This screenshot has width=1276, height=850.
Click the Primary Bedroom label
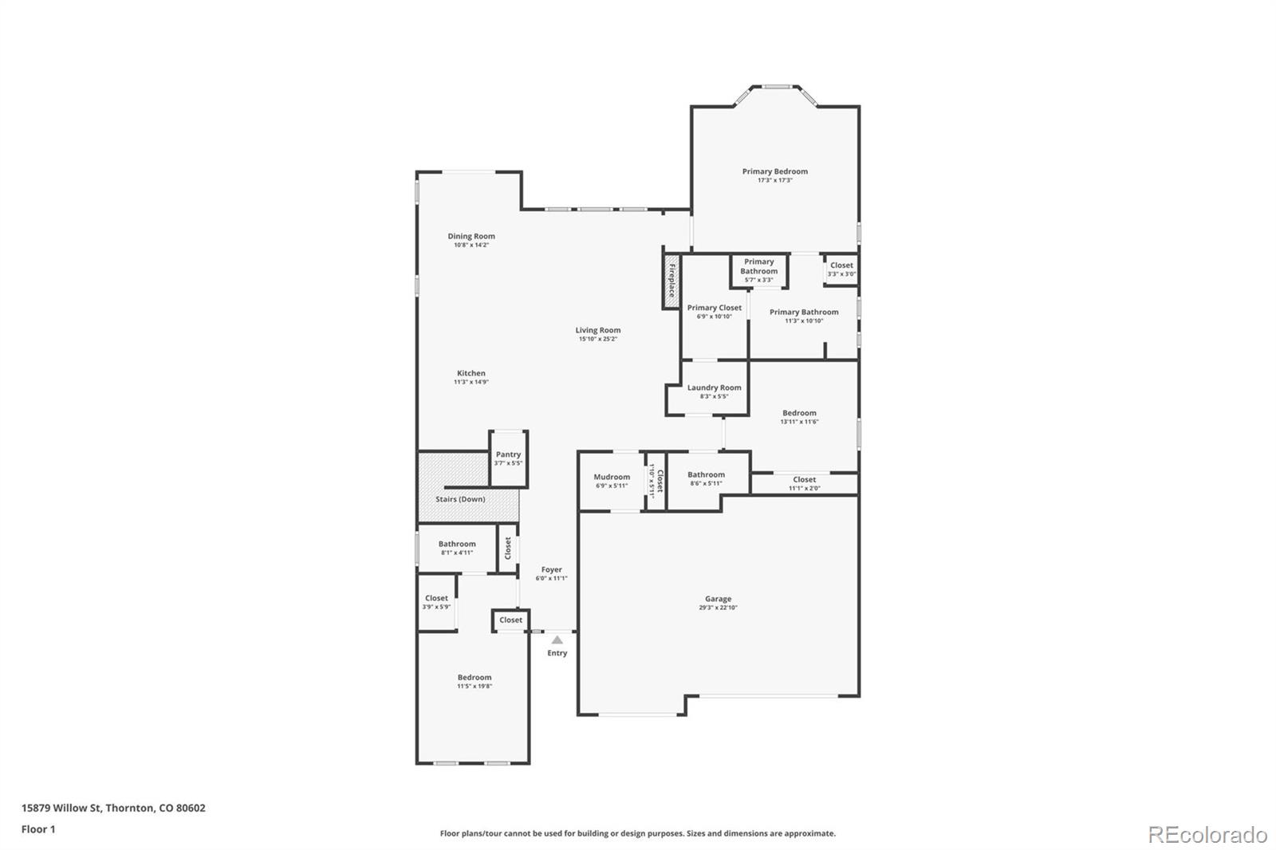[x=774, y=171]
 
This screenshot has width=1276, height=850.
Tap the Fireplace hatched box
[x=671, y=280]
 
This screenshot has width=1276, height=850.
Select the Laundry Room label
[x=714, y=388]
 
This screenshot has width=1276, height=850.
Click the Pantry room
[x=508, y=458]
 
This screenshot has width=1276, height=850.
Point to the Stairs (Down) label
[x=460, y=499]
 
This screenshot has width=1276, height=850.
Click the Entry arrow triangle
[x=557, y=639]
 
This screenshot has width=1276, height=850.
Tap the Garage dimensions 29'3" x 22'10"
[x=718, y=608]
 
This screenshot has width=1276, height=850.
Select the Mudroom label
[x=612, y=477]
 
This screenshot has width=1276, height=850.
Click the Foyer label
[x=551, y=569]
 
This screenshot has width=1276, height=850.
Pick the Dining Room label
[x=471, y=236]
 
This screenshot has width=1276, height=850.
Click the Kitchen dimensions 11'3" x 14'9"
[x=471, y=382]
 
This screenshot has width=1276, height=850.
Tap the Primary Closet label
[x=714, y=308]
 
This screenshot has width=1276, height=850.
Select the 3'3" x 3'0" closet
[x=841, y=270]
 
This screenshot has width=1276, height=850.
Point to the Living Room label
[x=597, y=330]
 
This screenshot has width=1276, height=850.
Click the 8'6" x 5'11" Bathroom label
[x=706, y=474]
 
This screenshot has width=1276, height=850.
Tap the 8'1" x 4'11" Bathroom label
[x=456, y=544]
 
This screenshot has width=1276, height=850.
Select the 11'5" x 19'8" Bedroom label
[x=474, y=677]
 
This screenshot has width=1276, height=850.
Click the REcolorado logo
[x=1207, y=835]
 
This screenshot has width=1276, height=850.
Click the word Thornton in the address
[x=130, y=808]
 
